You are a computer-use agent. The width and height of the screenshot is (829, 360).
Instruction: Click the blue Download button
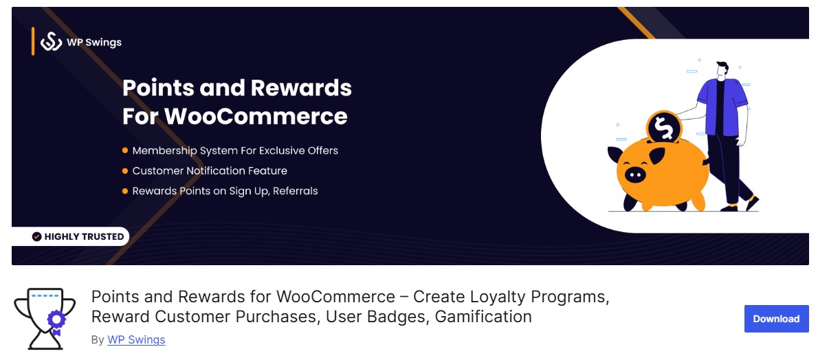(x=776, y=319)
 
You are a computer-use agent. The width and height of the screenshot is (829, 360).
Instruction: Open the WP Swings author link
(x=136, y=339)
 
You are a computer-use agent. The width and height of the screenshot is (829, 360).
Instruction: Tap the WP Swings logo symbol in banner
(x=52, y=42)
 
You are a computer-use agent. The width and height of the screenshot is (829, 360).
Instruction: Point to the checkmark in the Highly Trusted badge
(x=37, y=236)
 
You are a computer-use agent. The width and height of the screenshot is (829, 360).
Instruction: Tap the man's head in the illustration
(x=721, y=70)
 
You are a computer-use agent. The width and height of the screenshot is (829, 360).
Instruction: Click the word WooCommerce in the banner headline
(x=256, y=115)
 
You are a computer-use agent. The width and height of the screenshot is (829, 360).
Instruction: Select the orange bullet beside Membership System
(x=125, y=150)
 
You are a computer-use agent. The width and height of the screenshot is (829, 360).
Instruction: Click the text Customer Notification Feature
(x=210, y=170)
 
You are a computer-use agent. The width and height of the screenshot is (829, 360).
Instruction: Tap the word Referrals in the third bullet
(x=295, y=191)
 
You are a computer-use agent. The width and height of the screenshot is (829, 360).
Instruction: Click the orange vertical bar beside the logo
(x=32, y=41)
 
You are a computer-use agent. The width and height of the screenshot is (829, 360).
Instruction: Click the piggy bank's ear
(x=657, y=156)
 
